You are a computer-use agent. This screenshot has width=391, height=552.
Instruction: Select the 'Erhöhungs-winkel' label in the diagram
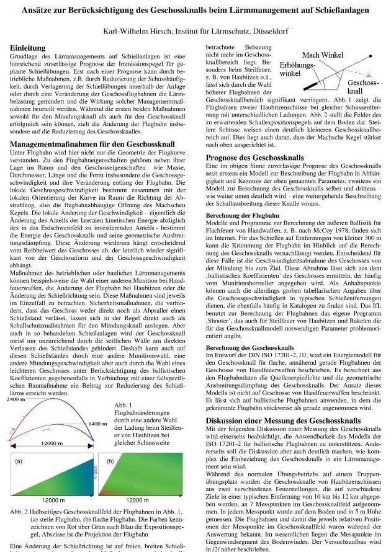tap(297, 69)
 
